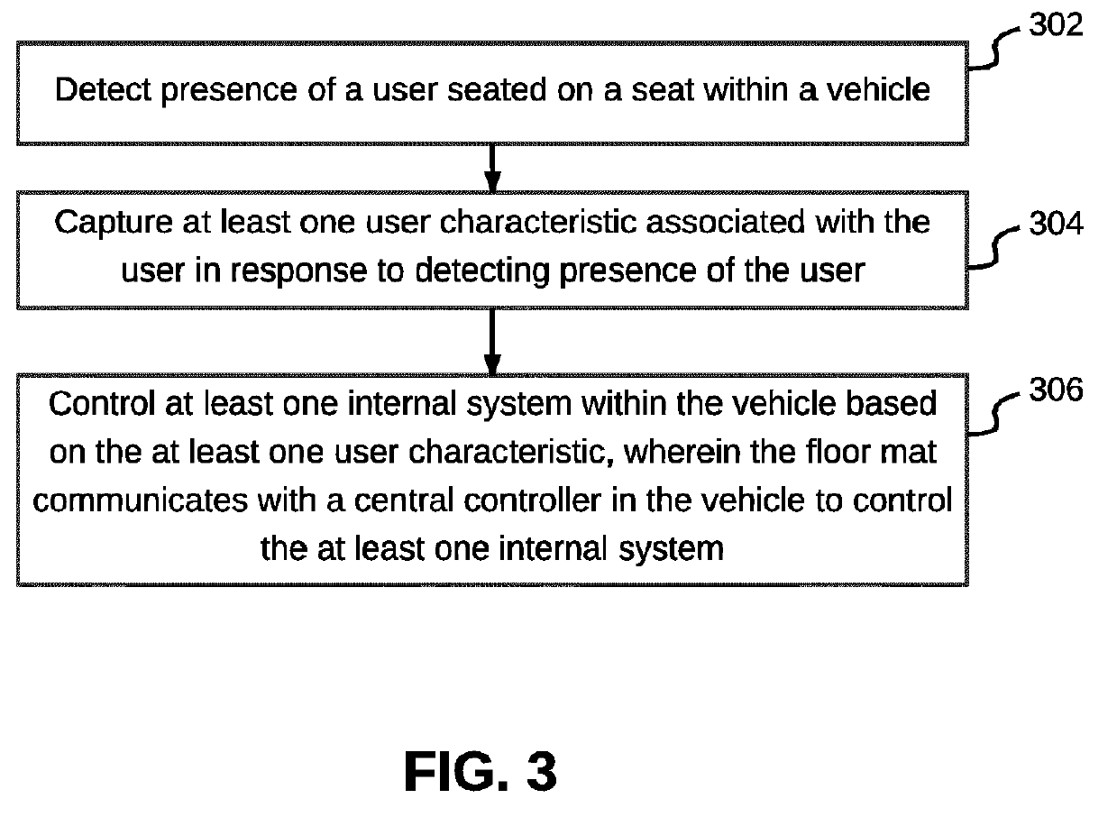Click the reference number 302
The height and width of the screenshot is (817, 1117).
pos(1056,25)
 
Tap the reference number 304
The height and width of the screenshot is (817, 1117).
pos(1056,223)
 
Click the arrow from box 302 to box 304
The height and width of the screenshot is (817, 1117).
pos(492,167)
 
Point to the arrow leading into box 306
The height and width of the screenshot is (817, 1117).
pos(492,341)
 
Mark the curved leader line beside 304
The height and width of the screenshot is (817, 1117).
pos(997,245)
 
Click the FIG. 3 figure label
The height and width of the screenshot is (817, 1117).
pos(481,772)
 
